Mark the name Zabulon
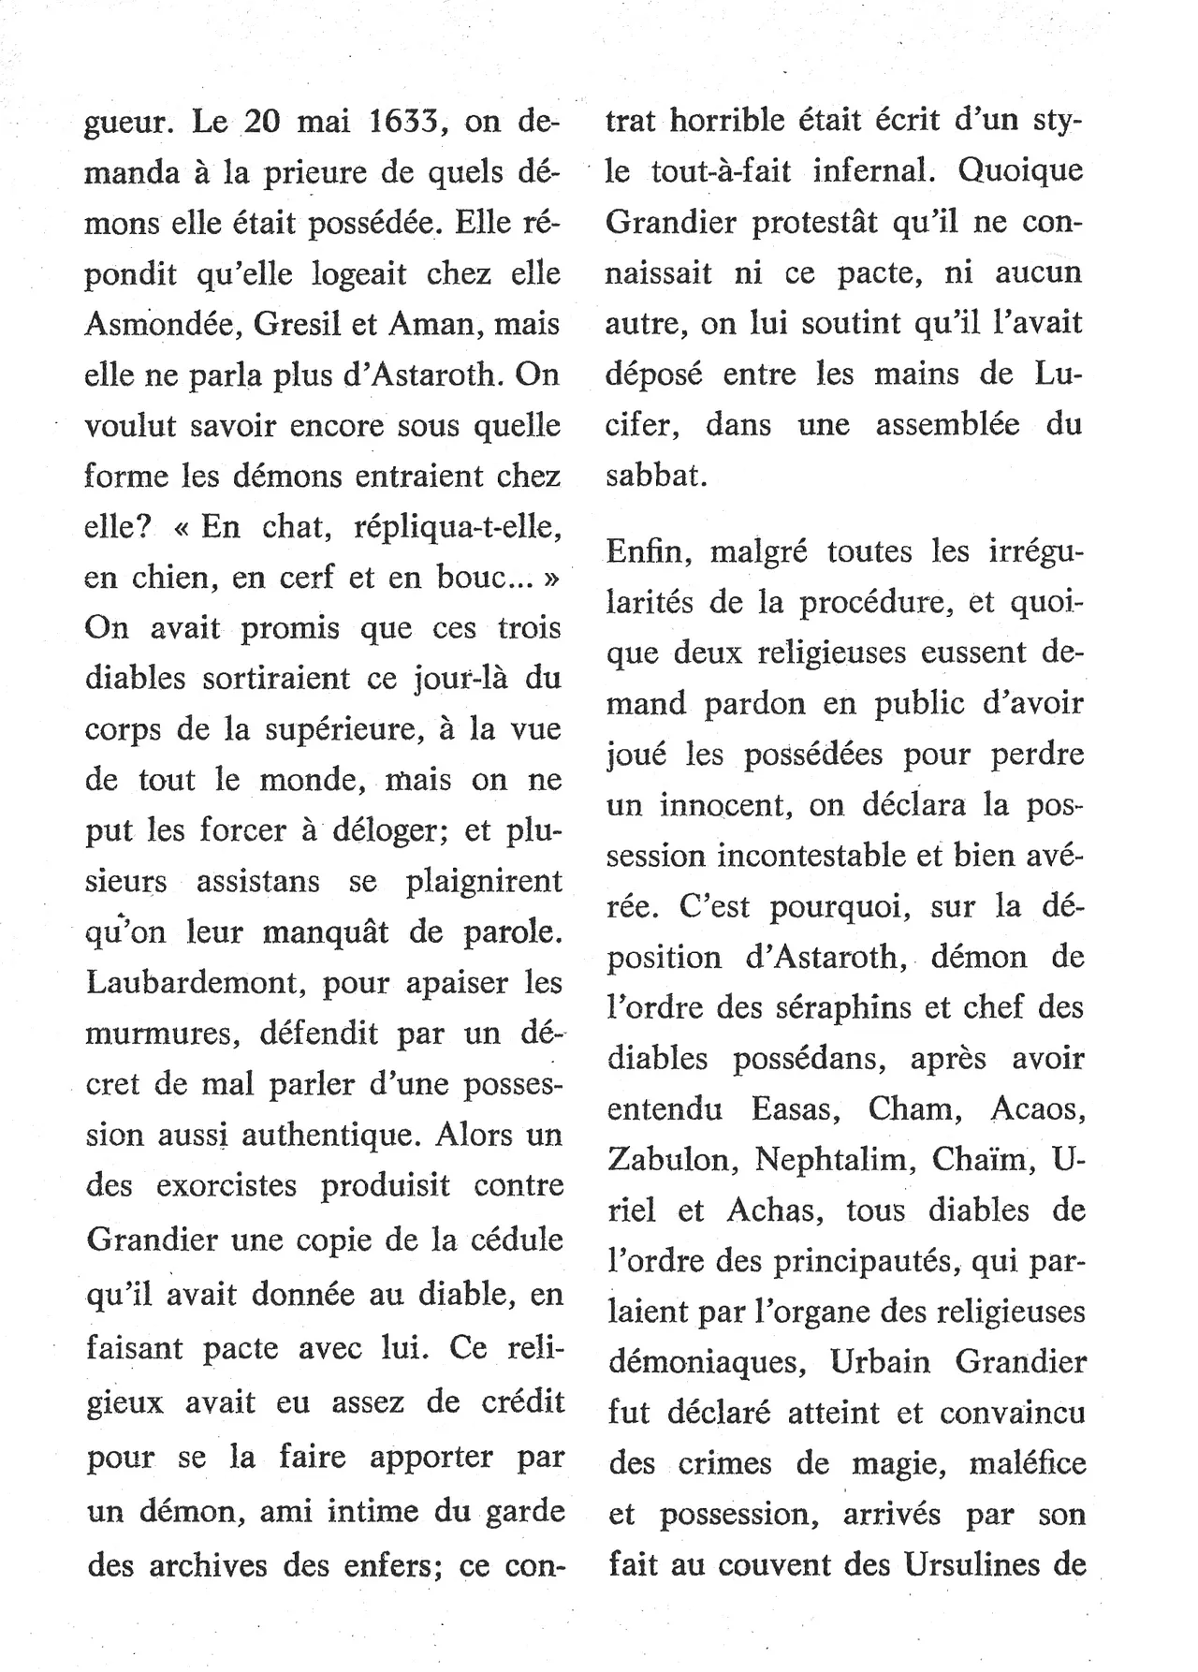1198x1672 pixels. (668, 1159)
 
